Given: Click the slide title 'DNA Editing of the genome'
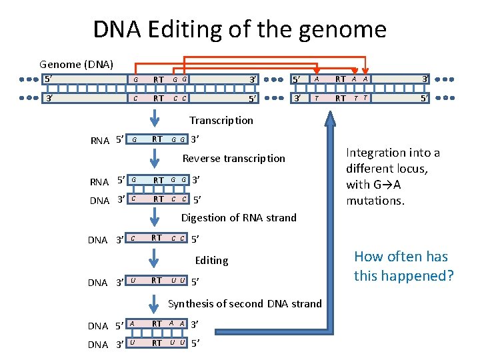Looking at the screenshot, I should (x=239, y=29).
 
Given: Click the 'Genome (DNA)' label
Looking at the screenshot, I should (x=76, y=65).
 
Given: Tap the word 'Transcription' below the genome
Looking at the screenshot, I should (x=221, y=121).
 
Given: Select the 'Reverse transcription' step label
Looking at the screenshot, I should (x=233, y=159).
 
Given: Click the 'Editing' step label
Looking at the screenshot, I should (x=211, y=260).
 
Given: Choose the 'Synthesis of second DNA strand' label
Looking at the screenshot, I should (x=245, y=304).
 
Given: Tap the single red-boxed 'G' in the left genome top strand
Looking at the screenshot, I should (x=136, y=80).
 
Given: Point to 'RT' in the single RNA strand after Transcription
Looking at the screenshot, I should (x=158, y=139).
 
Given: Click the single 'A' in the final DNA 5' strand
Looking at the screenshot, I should (x=132, y=323).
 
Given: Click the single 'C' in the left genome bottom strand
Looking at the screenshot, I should (x=136, y=99).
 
